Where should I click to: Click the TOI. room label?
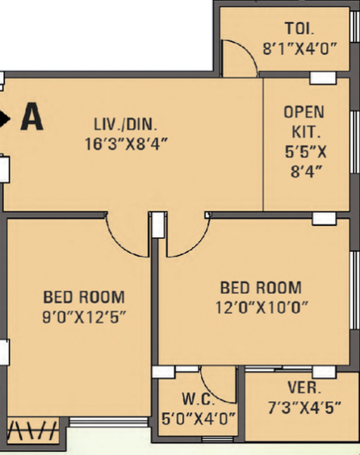299,28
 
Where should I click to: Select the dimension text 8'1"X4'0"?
300,48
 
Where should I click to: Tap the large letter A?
32,117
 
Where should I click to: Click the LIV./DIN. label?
126,124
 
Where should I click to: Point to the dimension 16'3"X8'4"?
126,144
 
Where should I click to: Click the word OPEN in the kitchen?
304,112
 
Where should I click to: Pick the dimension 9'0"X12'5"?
84,317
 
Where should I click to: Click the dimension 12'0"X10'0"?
262,307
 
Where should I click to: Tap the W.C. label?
199,399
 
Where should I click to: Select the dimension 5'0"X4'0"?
199,419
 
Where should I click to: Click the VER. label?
304,387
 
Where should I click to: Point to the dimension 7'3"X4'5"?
304,407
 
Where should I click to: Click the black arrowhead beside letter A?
4,119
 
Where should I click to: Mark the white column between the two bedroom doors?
158,225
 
